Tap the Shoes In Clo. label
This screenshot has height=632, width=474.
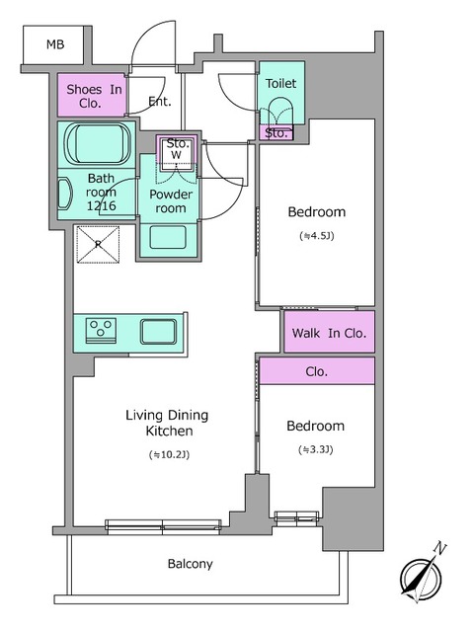[94, 96]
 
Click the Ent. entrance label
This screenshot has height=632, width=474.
[160, 101]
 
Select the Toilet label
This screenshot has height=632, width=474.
[280, 83]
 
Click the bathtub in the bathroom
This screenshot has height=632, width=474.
[99, 143]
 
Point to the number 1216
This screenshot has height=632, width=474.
[101, 205]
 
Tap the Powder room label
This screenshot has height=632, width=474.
[171, 201]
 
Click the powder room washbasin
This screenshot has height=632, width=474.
[168, 237]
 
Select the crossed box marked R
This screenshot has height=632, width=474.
[98, 244]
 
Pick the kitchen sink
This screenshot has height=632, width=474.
[158, 332]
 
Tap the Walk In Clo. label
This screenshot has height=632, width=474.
[329, 333]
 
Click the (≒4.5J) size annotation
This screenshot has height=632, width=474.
[317, 236]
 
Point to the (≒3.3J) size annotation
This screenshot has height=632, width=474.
[316, 449]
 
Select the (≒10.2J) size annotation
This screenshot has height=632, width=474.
[169, 454]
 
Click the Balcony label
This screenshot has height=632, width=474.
[191, 564]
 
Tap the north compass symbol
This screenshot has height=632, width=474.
[422, 575]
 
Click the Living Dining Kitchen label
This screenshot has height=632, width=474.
[167, 423]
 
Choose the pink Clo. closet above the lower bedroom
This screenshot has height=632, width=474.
[317, 370]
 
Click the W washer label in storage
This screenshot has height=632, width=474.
[176, 154]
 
